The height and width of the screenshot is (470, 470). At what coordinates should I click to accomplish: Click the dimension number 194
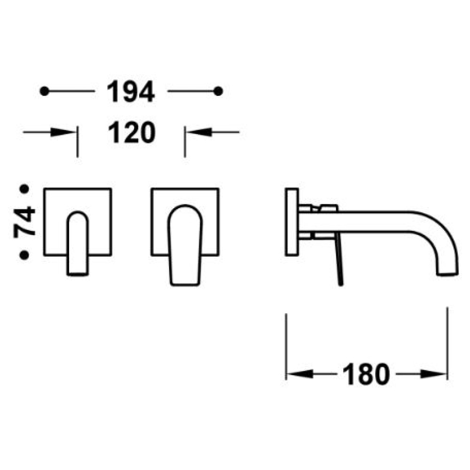coord(131,92)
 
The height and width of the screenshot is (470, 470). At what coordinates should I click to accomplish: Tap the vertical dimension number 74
coord(24,222)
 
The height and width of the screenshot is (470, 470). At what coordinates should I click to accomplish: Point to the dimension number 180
coord(366,374)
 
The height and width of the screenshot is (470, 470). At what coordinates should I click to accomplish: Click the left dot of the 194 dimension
coord(44,91)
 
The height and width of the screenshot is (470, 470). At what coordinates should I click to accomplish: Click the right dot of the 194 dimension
coord(218,91)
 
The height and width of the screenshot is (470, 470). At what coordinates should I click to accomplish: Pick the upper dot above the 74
coord(24,189)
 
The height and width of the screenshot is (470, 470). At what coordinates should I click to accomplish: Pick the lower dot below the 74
coord(24,255)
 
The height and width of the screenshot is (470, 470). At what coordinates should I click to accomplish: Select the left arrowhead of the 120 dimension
coord(63,132)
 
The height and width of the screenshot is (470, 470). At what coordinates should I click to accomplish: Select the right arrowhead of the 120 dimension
coord(200,132)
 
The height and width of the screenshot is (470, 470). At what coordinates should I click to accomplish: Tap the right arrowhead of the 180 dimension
coord(433,374)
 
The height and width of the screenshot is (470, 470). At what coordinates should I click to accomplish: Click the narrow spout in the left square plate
coord(78,243)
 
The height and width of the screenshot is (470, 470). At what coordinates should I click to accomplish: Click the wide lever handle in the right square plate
coord(185,245)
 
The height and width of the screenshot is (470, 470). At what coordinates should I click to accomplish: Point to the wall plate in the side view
coord(292,222)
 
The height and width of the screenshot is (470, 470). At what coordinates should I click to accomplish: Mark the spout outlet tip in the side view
coord(447,274)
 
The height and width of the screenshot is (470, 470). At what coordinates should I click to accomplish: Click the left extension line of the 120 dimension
coord(78,142)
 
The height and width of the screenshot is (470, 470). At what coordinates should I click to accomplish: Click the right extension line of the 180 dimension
coord(447,344)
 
